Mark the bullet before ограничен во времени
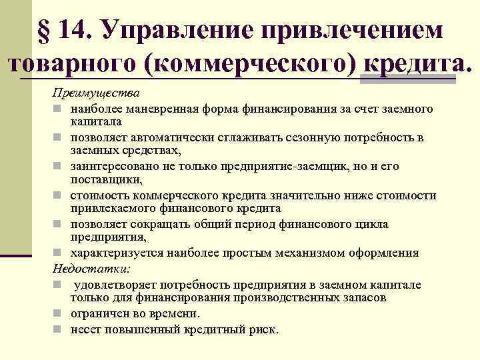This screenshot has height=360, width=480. [59, 313]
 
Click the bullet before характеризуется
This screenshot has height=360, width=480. [59, 253]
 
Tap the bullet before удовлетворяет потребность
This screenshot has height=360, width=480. [59, 284]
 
